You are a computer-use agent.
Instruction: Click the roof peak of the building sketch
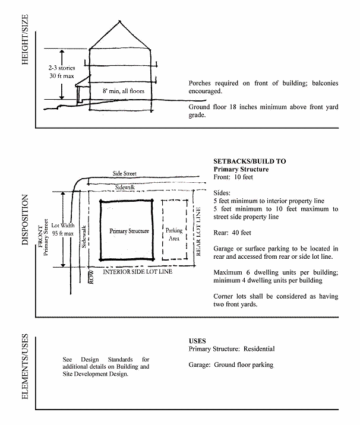pyautogui.click(x=121, y=23)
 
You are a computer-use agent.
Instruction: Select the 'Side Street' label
pyautogui.click(x=125, y=173)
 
